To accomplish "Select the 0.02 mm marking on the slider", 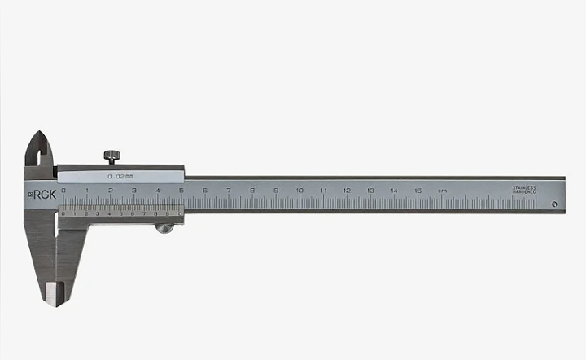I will tap(120, 176).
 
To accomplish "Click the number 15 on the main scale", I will tap(418, 191).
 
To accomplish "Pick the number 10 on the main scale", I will tap(300, 191).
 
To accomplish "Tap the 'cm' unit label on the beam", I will tap(442, 191).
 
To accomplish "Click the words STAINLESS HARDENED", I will tap(524, 190).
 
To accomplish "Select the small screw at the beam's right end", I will tap(554, 204).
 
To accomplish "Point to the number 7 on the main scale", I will tap(229, 191).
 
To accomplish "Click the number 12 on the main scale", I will tap(347, 191).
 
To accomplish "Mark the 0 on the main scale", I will tap(63, 191).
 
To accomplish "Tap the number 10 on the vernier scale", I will tap(178, 213).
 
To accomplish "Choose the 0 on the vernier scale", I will tap(63, 213).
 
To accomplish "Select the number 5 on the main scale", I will tap(181, 191).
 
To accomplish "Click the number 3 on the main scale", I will tap(134, 191).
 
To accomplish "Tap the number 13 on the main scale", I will tap(370, 191).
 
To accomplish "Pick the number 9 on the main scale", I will tap(276, 191).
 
